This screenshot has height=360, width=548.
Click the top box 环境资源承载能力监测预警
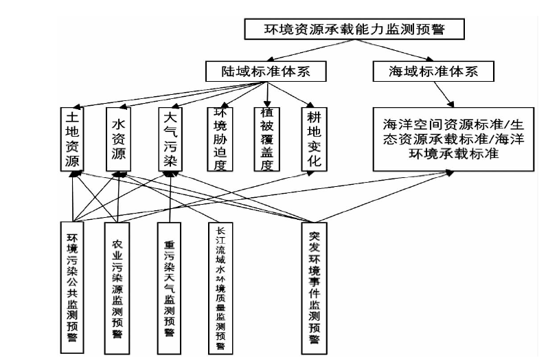coord(355,30)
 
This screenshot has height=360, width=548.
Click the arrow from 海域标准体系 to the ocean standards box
coord(439,93)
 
